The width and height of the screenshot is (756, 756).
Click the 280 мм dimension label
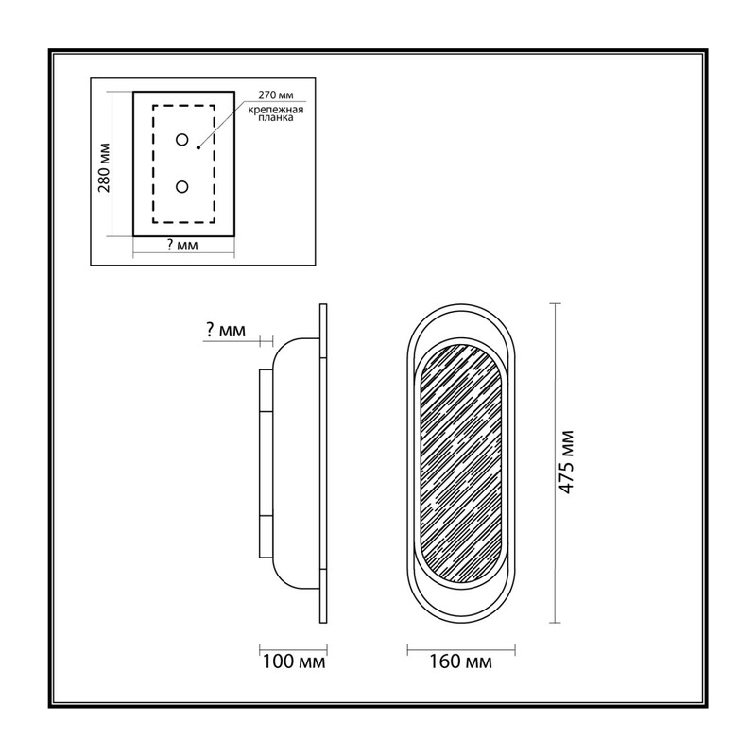click(105, 167)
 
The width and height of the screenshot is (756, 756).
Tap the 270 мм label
click(276, 95)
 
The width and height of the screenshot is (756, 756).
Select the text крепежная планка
click(276, 113)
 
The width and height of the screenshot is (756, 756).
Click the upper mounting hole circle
click(181, 140)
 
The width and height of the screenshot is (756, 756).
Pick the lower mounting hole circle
click(181, 186)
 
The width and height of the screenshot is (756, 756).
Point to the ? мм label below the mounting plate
click(182, 246)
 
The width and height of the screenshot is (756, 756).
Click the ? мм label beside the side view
click(226, 330)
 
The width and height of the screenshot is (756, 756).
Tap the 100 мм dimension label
click(294, 661)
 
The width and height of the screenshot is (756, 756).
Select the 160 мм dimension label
click(461, 661)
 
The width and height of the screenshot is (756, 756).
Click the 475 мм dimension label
click(566, 462)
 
